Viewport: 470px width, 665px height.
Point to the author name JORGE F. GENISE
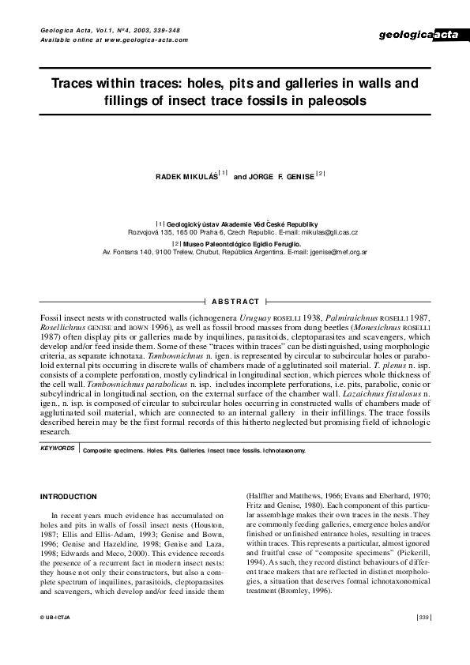pyautogui.click(x=280, y=175)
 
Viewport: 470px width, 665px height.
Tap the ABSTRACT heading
pyautogui.click(x=235, y=302)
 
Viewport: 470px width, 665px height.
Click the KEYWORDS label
pyautogui.click(x=58, y=448)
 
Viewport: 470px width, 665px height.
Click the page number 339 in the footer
pyautogui.click(x=423, y=639)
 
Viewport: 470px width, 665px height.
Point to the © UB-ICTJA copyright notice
pyautogui.click(x=57, y=639)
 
